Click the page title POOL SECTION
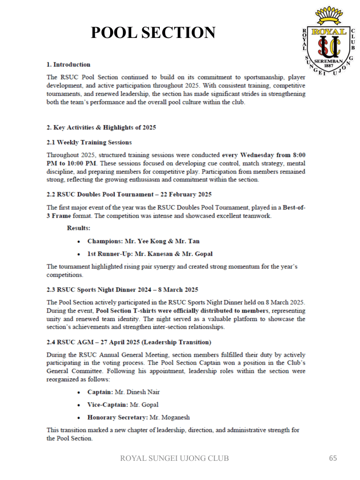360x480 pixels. coord(153,32)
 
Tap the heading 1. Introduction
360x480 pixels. coord(68,64)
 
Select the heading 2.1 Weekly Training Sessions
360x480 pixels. coord(89,142)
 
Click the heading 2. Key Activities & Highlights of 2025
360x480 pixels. coord(101,127)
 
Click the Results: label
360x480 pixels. coord(78,228)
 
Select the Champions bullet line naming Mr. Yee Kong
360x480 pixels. coord(143,241)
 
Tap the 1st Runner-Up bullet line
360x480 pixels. coord(150,254)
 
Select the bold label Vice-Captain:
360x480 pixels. coord(107,405)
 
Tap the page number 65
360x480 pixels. coord(333,458)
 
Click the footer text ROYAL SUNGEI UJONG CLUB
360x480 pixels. coord(175,458)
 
